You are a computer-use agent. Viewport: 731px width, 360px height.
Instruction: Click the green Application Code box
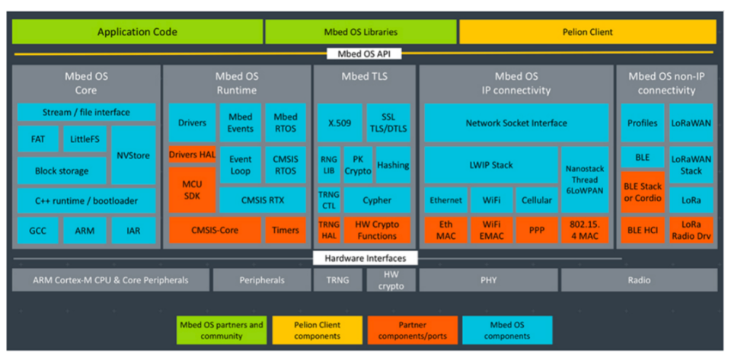(x=137, y=32)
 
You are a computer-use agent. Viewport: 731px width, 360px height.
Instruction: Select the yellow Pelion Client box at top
(x=586, y=32)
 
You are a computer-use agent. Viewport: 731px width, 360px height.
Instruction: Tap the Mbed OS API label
(x=363, y=54)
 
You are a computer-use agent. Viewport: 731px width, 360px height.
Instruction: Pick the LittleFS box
(x=85, y=140)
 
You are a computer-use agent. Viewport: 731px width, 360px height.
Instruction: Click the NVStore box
(x=133, y=155)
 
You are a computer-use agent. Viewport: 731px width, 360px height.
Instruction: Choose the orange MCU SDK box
(x=192, y=190)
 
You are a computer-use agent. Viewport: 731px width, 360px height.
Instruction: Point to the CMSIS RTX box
(x=263, y=201)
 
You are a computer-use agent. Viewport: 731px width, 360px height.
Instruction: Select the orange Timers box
(x=286, y=230)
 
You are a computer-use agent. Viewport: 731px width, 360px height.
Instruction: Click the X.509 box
(x=339, y=123)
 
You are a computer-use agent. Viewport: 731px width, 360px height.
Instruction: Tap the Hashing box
(x=393, y=165)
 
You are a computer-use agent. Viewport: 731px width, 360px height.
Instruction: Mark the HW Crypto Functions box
(x=376, y=230)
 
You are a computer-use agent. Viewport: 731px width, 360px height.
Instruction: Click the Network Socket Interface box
(x=516, y=123)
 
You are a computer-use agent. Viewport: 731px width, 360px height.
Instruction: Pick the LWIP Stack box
(x=491, y=164)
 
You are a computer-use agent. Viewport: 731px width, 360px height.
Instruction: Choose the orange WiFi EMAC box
(x=492, y=230)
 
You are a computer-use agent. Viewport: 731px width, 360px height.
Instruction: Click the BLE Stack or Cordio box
(x=643, y=192)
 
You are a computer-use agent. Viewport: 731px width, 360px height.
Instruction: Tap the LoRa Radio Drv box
(x=691, y=230)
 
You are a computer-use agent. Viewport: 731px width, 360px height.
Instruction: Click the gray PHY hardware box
(x=488, y=280)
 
